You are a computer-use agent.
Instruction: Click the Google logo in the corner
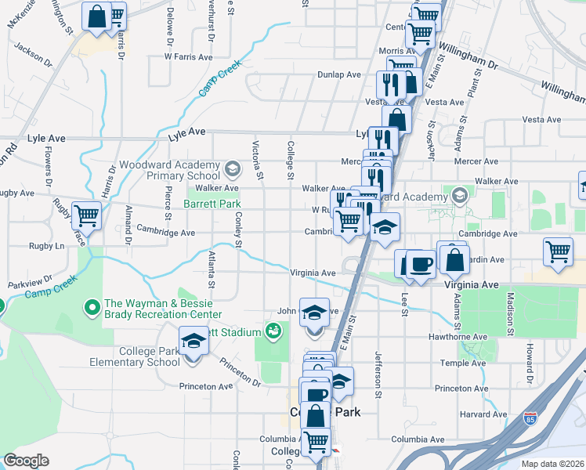[x=26, y=461]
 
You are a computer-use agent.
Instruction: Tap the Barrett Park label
[x=212, y=204]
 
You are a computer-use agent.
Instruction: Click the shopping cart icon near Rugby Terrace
[x=86, y=215]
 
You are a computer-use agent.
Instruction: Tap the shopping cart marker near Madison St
[x=558, y=252]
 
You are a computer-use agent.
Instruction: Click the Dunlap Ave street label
[x=338, y=74]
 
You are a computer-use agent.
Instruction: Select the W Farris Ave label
[x=188, y=57]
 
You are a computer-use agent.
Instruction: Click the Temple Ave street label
[x=458, y=363]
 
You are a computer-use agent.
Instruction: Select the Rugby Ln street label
[x=49, y=246]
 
